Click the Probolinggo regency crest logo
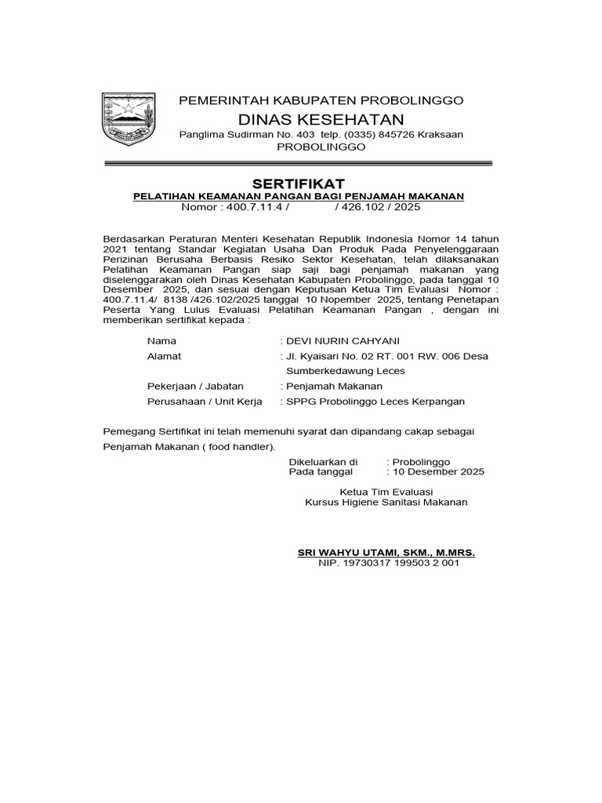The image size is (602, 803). tap(125, 120)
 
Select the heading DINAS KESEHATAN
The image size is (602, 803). tap(321, 119)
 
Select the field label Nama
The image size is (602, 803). tap(161, 341)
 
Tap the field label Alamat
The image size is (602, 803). tap(164, 356)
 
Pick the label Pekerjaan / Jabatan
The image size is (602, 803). tap(195, 386)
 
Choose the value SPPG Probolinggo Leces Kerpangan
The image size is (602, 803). tap(375, 401)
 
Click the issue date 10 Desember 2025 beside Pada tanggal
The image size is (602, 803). tap(438, 472)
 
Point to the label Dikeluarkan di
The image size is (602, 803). tap(324, 462)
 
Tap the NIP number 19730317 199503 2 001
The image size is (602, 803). tap(394, 563)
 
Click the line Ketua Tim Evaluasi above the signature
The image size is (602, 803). tap(386, 491)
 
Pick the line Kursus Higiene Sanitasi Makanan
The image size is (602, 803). tap(386, 502)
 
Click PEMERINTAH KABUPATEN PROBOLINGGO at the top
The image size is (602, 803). tap(321, 100)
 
